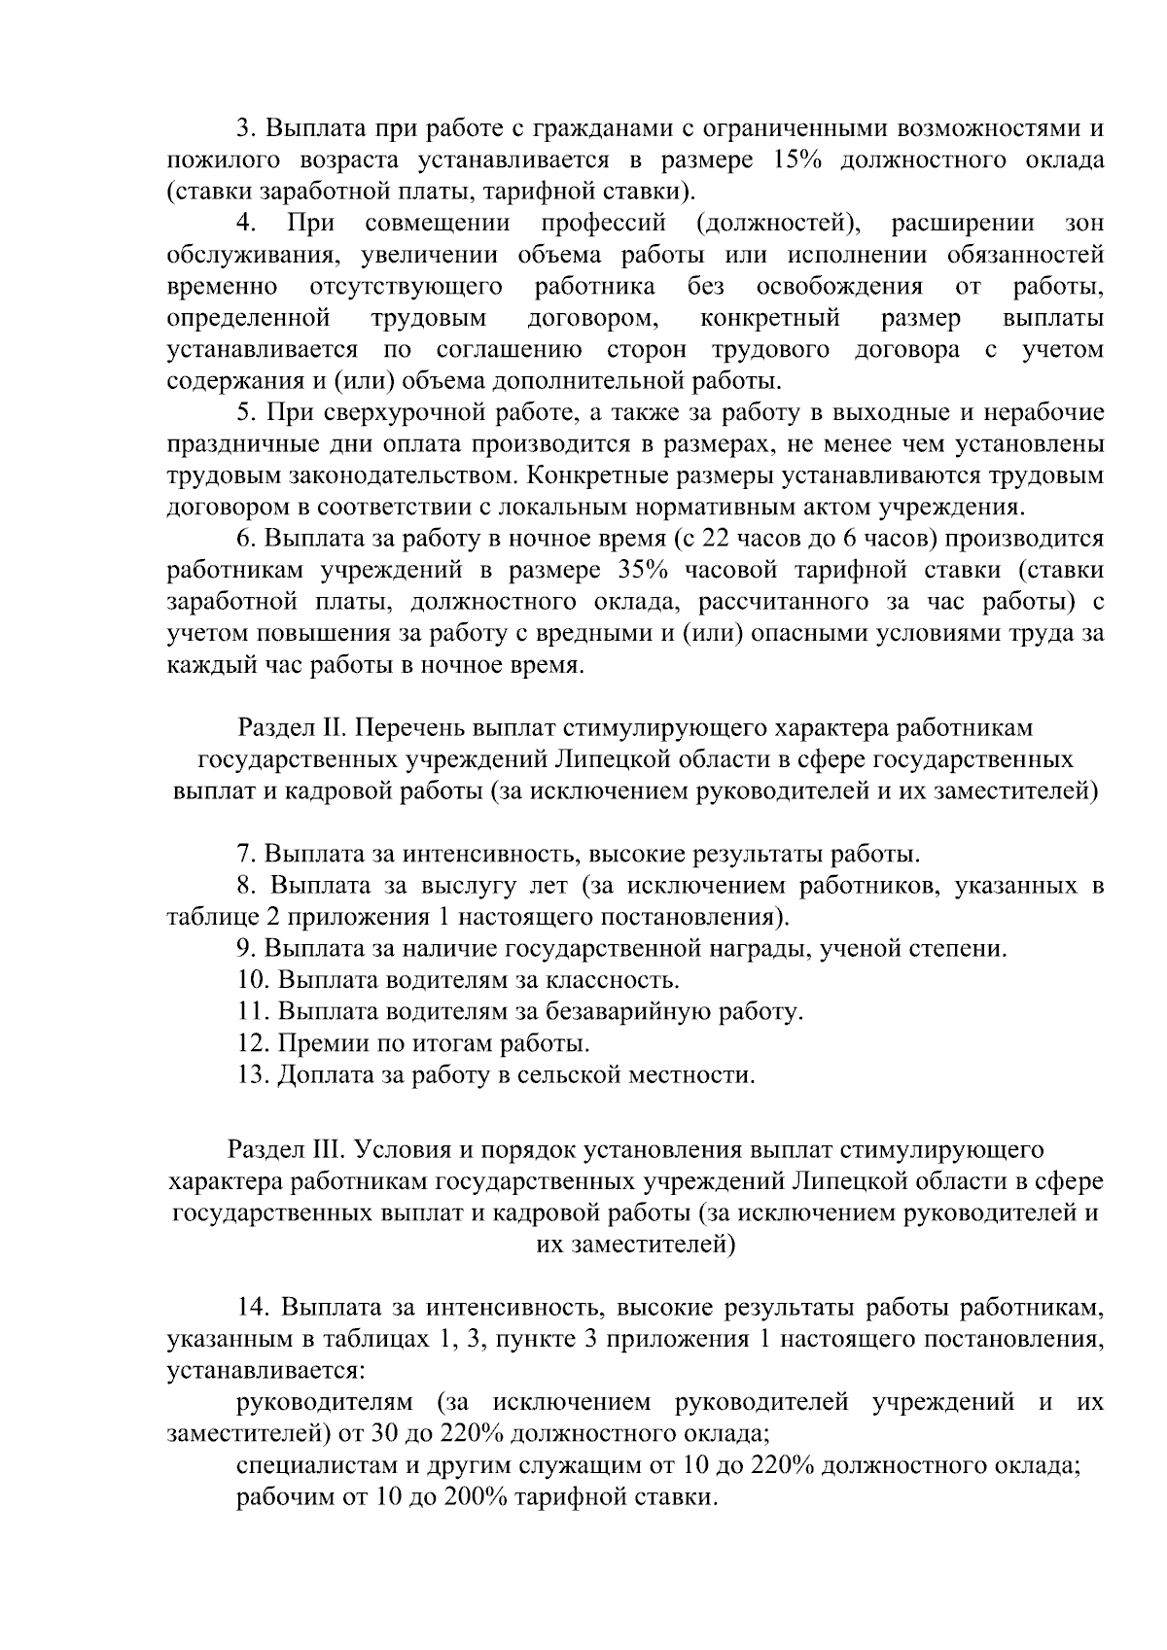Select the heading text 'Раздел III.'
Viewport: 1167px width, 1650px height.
tap(287, 1150)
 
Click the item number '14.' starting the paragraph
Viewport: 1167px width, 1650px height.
tap(254, 1307)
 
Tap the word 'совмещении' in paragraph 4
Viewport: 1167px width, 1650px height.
tap(438, 224)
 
